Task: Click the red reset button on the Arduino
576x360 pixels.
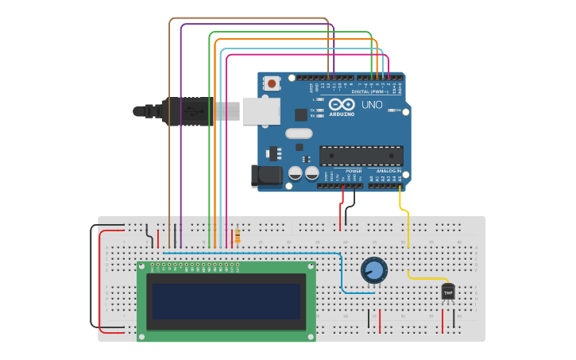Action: click(273, 83)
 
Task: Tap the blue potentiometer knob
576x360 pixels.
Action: click(374, 270)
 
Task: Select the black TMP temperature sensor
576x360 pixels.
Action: click(448, 292)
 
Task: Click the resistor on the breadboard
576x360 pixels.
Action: click(237, 236)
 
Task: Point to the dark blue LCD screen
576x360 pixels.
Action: click(226, 302)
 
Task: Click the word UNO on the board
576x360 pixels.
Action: click(372, 105)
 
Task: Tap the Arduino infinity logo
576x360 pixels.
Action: click(342, 104)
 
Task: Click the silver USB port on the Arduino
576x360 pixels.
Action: click(261, 111)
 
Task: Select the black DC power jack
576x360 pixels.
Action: click(265, 176)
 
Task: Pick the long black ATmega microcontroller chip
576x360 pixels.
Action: click(361, 156)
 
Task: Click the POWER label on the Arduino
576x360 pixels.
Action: click(354, 171)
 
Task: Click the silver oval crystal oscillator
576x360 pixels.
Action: click(299, 134)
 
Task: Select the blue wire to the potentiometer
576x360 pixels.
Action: click(342, 274)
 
